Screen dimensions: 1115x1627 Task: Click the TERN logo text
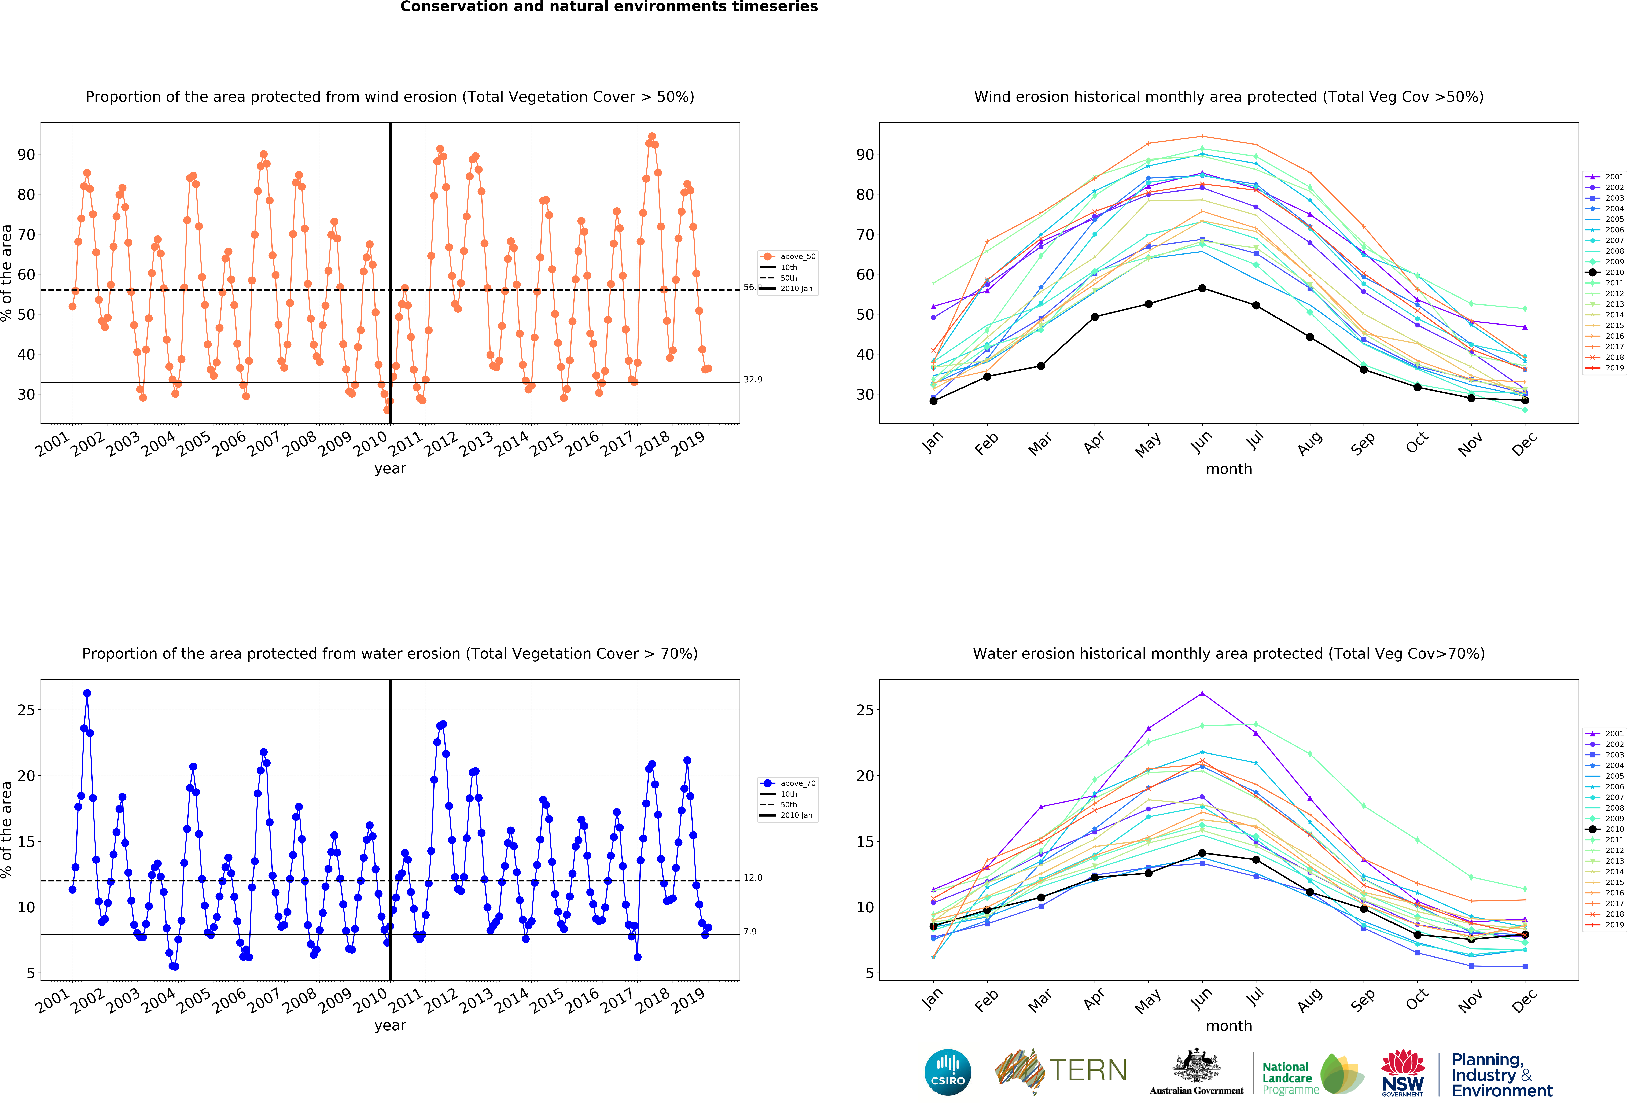coord(1088,1070)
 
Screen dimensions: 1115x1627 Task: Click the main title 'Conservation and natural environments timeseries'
coord(608,7)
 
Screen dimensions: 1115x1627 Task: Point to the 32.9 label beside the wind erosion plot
coord(753,379)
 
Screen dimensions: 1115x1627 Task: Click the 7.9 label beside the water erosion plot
coord(750,932)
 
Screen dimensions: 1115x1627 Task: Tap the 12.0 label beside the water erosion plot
coord(753,878)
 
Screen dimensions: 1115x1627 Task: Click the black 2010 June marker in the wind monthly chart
coord(1202,288)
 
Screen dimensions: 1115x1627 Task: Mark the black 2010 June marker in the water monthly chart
coord(1202,853)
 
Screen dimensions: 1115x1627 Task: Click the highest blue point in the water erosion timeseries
coord(87,693)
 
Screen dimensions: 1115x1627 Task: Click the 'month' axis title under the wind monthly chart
coord(1229,469)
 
